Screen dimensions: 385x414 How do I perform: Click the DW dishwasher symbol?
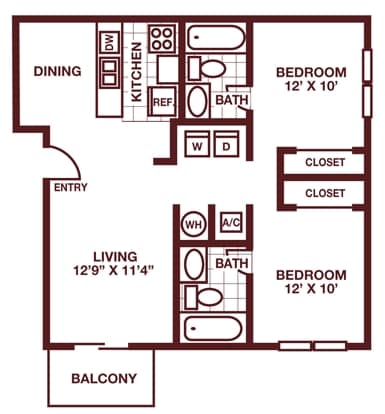(110, 42)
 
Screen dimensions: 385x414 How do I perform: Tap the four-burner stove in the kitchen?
(162, 38)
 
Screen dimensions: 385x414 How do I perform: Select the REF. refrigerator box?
(162, 102)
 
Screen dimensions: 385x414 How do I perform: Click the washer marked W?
(197, 144)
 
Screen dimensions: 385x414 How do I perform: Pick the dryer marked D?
(226, 144)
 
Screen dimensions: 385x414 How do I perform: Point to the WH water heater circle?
(194, 224)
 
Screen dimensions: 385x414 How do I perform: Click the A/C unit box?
(232, 222)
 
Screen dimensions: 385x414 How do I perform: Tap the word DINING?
(57, 71)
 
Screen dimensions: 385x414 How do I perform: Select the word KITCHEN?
(137, 72)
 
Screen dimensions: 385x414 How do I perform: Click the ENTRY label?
(71, 188)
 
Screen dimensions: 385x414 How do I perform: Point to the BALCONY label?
(104, 379)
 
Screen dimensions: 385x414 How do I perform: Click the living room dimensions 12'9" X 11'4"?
(113, 270)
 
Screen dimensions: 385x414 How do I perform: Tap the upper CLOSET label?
(325, 162)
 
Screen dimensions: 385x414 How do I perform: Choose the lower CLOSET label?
(325, 193)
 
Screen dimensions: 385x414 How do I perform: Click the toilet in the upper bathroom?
(207, 68)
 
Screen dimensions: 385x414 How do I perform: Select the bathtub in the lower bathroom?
(213, 328)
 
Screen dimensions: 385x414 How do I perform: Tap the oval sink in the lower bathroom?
(194, 264)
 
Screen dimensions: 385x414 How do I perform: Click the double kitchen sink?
(110, 73)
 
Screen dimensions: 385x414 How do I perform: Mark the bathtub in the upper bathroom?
(216, 38)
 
